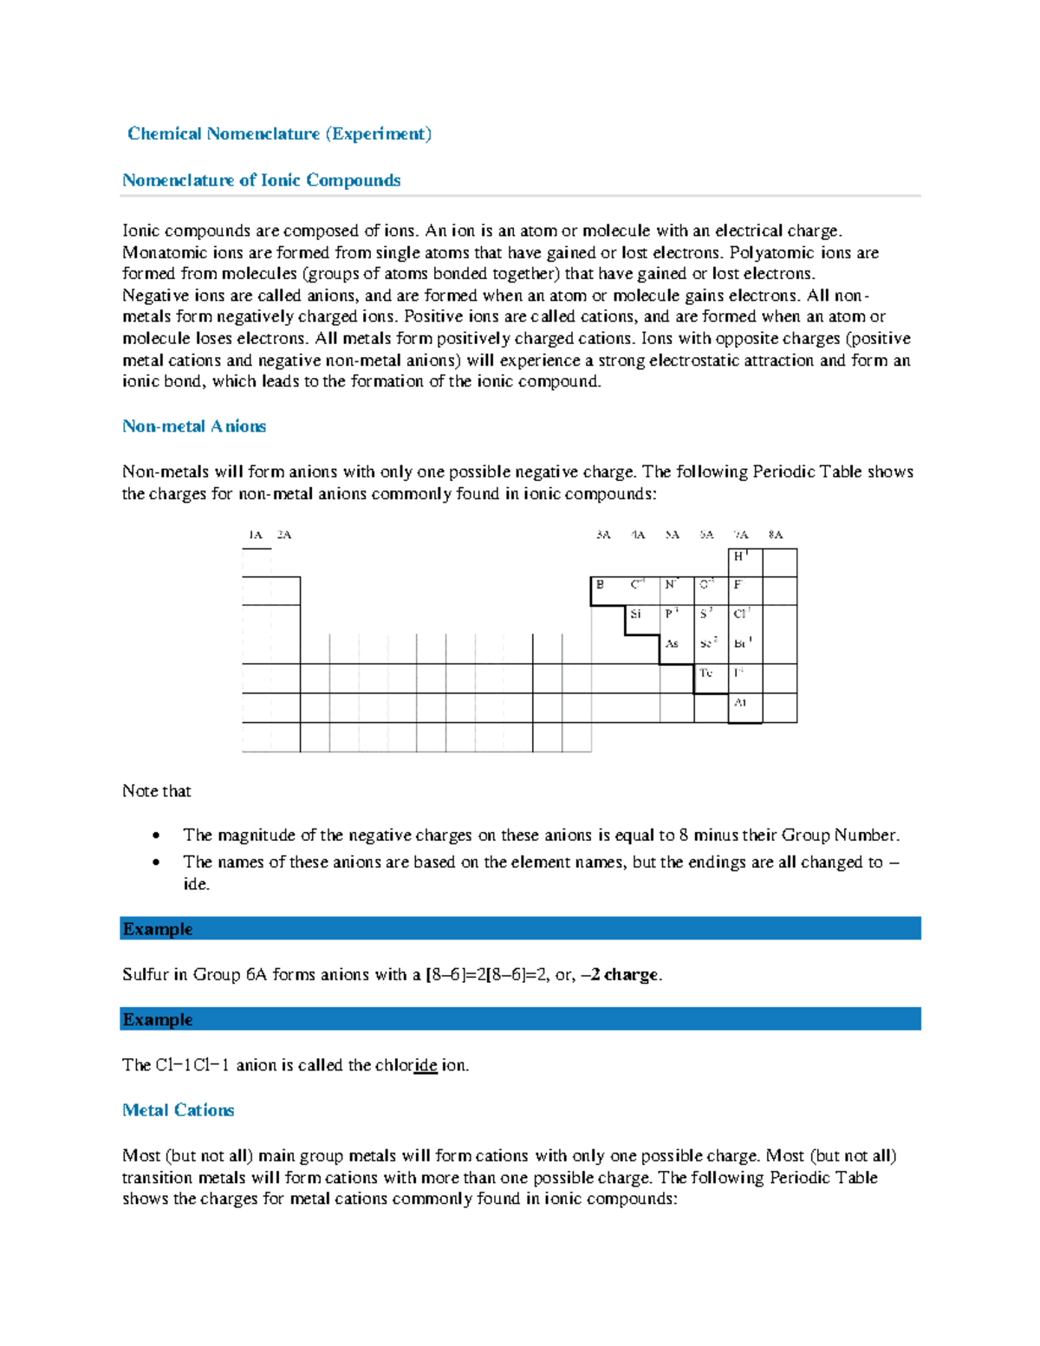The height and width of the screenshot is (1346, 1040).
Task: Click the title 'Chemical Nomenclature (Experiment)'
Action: coord(279,133)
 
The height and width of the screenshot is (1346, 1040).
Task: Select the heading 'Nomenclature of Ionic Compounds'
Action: coord(261,180)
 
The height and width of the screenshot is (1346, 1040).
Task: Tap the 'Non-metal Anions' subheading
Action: coord(194,426)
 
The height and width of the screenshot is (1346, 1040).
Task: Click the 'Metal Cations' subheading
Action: coord(179,1110)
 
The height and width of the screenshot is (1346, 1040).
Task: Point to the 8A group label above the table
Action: coord(776,535)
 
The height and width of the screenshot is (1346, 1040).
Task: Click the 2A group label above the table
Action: coord(284,535)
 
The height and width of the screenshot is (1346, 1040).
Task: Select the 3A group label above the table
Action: coord(603,535)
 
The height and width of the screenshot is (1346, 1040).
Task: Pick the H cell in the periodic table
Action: coord(743,557)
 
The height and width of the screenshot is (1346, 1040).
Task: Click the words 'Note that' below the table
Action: coord(157,791)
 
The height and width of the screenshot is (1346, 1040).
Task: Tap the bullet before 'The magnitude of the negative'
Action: coord(156,836)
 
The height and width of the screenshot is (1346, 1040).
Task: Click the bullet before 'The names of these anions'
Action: coord(156,863)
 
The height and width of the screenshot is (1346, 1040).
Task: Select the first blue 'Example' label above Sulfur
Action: coord(158,929)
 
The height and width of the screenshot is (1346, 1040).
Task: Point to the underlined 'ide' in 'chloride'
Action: coord(426,1065)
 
